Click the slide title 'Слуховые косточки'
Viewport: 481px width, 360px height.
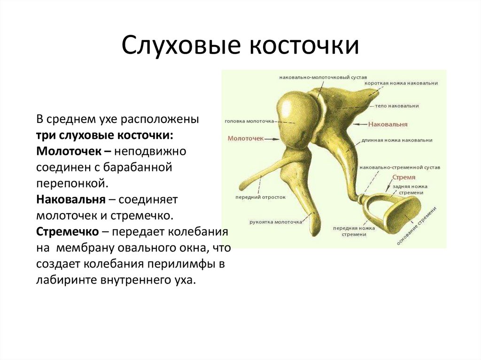tap(240, 46)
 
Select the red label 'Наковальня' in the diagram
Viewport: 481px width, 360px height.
tap(388, 124)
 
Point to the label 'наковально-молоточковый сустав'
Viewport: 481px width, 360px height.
tap(319, 77)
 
